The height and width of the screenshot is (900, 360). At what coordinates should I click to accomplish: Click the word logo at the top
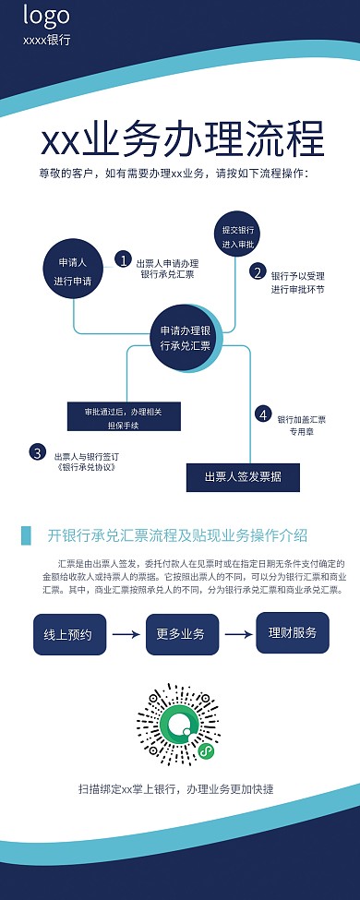click(46, 16)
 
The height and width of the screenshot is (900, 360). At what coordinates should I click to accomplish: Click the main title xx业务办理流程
click(183, 140)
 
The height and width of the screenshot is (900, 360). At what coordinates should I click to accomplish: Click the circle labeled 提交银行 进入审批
click(238, 236)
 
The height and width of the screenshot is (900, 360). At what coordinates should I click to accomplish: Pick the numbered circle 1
click(123, 259)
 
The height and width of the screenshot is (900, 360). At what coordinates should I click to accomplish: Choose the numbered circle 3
click(37, 452)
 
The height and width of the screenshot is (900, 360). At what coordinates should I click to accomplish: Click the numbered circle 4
click(263, 414)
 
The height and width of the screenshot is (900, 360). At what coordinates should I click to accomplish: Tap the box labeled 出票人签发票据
click(243, 476)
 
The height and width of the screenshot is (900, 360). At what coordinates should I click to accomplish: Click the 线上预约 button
click(68, 608)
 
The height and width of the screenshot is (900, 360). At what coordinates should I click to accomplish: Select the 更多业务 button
click(181, 608)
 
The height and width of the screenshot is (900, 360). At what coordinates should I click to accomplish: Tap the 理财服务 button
click(293, 606)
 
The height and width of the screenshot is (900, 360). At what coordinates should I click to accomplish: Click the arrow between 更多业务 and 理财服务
click(237, 608)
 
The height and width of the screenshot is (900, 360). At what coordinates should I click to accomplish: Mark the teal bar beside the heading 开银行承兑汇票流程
click(25, 535)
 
